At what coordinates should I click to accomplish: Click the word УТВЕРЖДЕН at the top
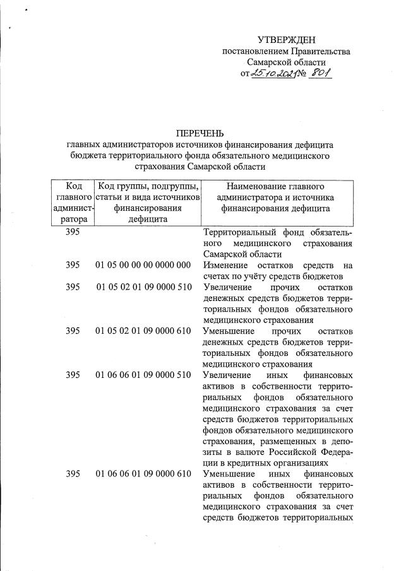pos(286,40)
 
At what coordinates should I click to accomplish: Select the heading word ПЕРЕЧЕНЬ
pos(200,133)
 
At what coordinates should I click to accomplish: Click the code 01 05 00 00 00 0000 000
pos(143,264)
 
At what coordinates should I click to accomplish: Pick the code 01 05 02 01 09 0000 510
pos(143,287)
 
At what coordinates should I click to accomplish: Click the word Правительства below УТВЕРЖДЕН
pos(311,51)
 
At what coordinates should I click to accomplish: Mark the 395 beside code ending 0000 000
pos(73,264)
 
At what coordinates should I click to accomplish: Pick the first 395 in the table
pos(73,232)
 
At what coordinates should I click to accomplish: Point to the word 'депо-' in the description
pos(338,441)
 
